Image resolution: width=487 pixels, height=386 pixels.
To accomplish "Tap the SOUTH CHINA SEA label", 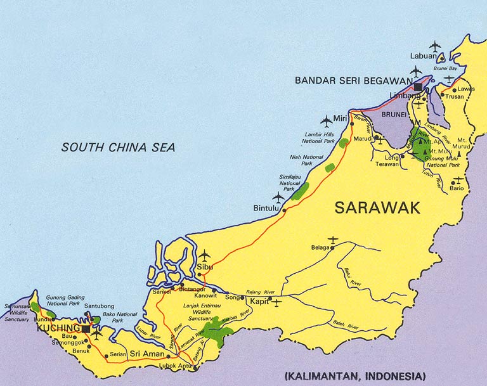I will [118, 148].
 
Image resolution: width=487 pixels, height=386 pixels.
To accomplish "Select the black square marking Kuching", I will [86, 328].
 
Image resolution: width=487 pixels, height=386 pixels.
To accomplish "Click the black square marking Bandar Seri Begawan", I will [419, 86].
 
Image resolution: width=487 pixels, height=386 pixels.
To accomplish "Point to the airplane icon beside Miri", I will [326, 119].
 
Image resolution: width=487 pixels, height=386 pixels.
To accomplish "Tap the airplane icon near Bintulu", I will [278, 196].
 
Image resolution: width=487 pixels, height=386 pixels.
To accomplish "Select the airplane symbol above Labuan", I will [434, 46].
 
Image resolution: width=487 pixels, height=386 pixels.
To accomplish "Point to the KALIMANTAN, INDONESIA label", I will [356, 375].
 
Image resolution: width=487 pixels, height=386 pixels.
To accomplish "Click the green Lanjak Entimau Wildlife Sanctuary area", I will [218, 330].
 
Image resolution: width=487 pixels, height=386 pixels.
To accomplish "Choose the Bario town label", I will [457, 188].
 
